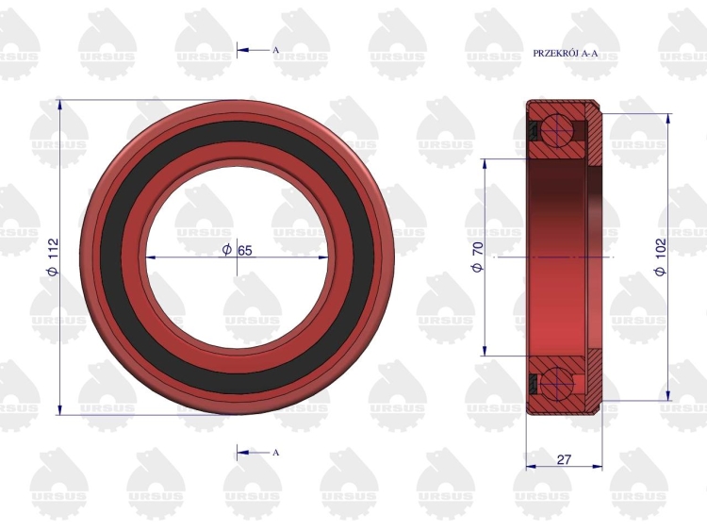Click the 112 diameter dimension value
point(53,249)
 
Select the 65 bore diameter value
point(245,250)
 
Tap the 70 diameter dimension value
point(478,249)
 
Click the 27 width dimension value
point(564,459)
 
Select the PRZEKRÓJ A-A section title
point(566,53)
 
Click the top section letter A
point(276,50)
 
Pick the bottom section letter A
point(276,453)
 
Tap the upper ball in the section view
point(558,130)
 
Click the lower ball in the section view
point(558,383)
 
